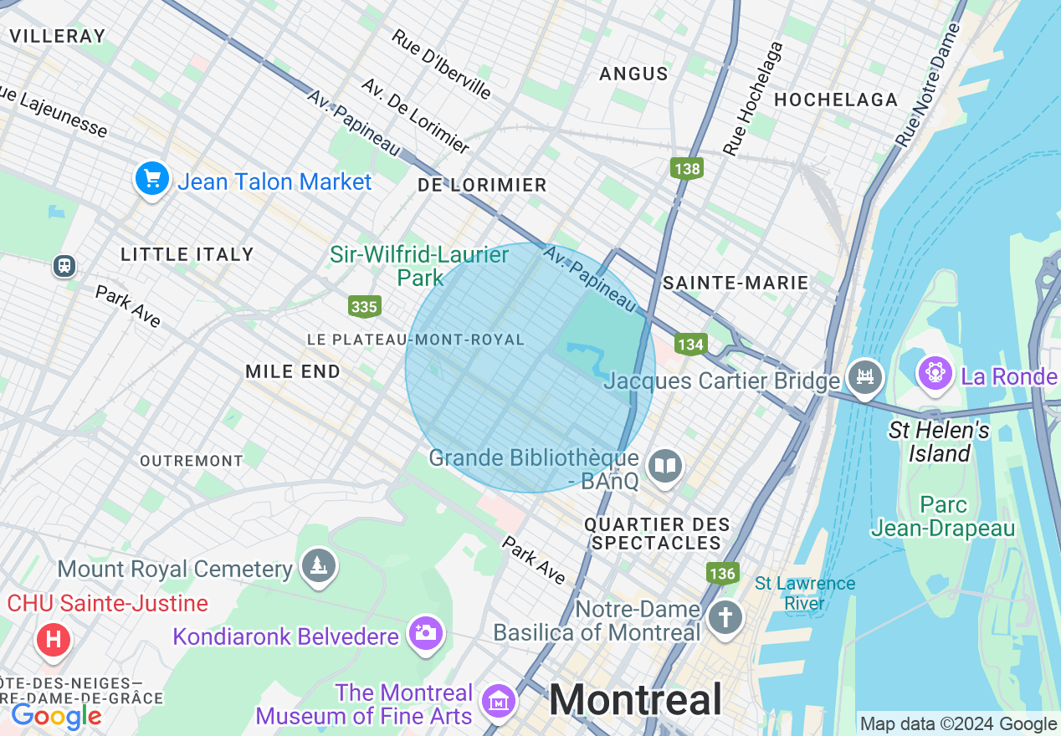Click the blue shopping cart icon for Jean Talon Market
[152, 180]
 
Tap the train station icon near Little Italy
[64, 266]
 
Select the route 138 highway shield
[686, 169]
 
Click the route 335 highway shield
[364, 307]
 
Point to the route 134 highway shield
[691, 344]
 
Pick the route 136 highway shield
[722, 573]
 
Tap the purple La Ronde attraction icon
[935, 372]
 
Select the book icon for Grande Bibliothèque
[666, 467]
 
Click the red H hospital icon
[54, 641]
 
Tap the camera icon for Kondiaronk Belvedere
[424, 633]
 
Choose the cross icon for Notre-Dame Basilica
[725, 619]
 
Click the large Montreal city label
[635, 699]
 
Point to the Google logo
[56, 716]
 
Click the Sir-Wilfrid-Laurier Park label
[419, 265]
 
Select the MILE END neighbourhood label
[293, 372]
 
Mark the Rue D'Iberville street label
[442, 64]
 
